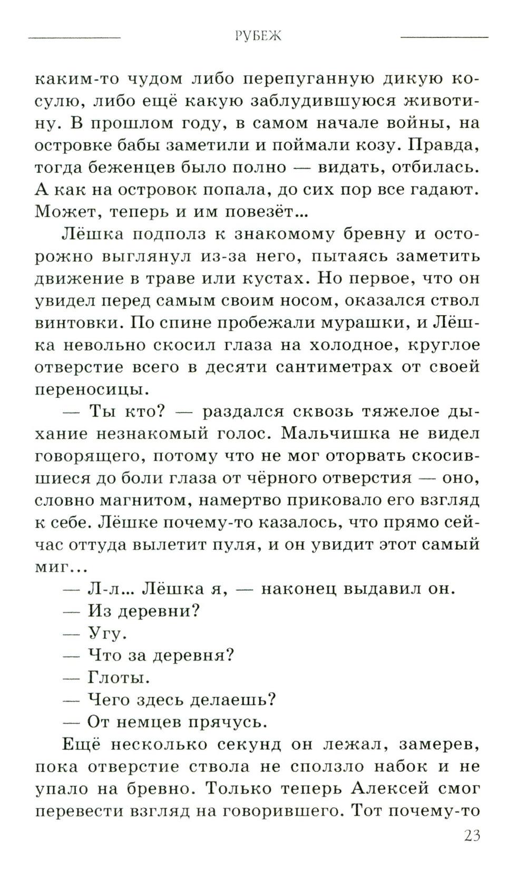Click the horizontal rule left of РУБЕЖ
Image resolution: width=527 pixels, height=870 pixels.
pos(74,37)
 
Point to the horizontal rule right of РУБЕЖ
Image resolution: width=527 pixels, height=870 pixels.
pos(444,37)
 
